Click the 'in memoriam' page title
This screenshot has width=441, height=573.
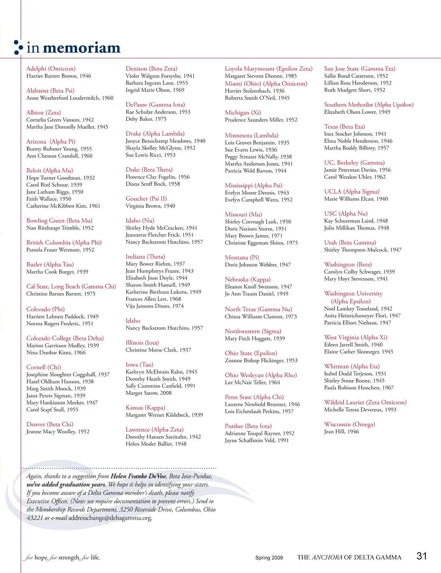point(73,48)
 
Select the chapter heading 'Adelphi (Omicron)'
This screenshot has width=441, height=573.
point(51,68)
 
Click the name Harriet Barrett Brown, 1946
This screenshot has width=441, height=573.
point(58,76)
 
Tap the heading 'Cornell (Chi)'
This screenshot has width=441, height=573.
point(43,367)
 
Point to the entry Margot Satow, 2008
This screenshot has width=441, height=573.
point(148,393)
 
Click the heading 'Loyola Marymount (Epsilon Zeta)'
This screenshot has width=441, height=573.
point(268,68)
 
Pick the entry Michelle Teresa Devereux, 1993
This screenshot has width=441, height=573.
point(360,409)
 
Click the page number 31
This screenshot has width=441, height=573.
point(422,556)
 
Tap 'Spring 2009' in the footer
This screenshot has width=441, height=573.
point(269,558)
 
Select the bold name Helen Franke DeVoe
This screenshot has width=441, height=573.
point(138,476)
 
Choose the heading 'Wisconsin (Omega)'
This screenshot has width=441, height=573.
point(349,424)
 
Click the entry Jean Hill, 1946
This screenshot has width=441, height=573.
point(341,431)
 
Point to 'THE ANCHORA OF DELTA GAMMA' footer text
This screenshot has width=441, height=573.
point(349,557)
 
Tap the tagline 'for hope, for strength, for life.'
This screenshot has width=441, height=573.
point(62,557)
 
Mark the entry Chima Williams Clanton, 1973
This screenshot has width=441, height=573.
point(260,316)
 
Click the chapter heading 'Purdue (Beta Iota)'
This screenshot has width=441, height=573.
point(248,426)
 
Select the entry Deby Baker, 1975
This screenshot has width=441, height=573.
point(146,119)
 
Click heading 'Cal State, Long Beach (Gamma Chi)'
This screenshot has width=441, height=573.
point(71,286)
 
